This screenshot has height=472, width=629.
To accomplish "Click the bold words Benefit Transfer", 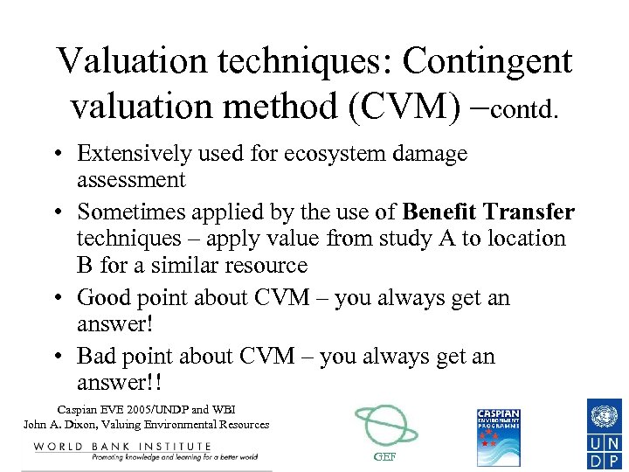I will coord(488,212).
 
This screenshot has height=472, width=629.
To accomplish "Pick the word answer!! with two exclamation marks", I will coord(121,384).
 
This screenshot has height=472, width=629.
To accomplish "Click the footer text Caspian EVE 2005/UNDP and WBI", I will coord(146,409).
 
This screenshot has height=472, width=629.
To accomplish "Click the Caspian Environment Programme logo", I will coord(498,436).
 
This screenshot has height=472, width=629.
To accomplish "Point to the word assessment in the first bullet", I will coord(131,181).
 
